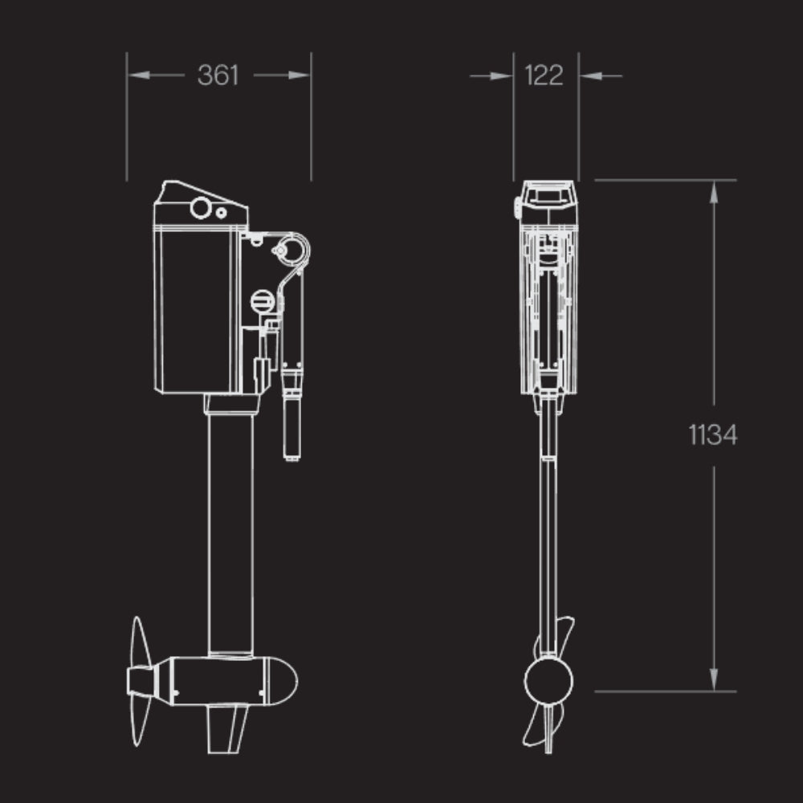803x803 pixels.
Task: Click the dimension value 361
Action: [x=218, y=75]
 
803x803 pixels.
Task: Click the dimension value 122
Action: [x=544, y=75]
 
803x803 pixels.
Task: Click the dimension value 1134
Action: [x=712, y=435]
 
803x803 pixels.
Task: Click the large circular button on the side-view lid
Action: [x=200, y=210]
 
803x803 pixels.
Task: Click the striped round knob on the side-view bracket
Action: [x=262, y=302]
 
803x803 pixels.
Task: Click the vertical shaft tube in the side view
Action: [x=230, y=530]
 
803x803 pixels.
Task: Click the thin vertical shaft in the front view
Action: [x=548, y=546]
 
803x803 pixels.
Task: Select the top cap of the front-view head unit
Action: [x=548, y=193]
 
